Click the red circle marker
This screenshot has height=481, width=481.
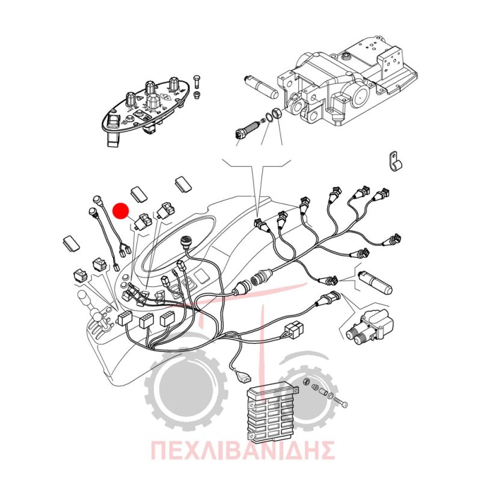(121, 211)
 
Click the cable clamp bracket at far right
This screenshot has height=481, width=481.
(395, 161)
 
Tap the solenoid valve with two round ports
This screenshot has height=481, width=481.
(370, 327)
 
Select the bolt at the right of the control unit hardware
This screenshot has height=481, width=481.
(340, 402)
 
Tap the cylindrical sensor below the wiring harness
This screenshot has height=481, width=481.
(375, 282)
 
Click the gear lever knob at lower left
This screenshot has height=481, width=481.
(84, 296)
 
